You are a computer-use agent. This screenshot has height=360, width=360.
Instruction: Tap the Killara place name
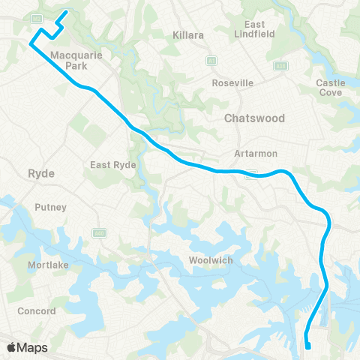(188, 35)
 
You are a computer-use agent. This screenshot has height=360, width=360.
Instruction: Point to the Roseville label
(232, 82)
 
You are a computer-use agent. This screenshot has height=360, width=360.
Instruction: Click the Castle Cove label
(330, 88)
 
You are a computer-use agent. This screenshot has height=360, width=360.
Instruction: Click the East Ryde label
(112, 165)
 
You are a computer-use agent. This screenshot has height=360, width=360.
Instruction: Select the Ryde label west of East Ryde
(37, 172)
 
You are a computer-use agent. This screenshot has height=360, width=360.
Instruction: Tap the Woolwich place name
(211, 260)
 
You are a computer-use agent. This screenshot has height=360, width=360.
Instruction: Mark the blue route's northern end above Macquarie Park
(66, 11)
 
